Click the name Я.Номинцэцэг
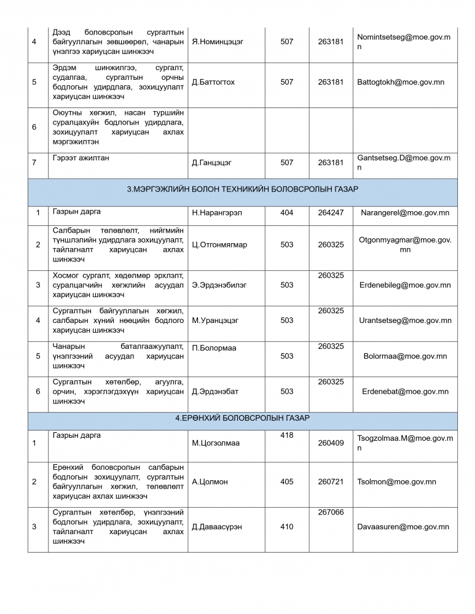218,42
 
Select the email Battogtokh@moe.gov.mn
400,82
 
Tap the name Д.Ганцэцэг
211,163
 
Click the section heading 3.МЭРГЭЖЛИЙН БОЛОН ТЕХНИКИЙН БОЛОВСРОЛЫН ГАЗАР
243,189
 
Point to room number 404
286,213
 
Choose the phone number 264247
331,213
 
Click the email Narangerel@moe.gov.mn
405,213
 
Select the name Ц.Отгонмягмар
219,245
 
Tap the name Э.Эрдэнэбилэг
218,285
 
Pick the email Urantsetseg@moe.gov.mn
405,321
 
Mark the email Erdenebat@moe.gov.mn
405,391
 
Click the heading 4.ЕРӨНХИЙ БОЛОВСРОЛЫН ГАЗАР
243,418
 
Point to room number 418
286,435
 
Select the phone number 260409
331,443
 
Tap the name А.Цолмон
210,482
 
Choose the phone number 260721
331,482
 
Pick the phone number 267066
331,512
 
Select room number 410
286,527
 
